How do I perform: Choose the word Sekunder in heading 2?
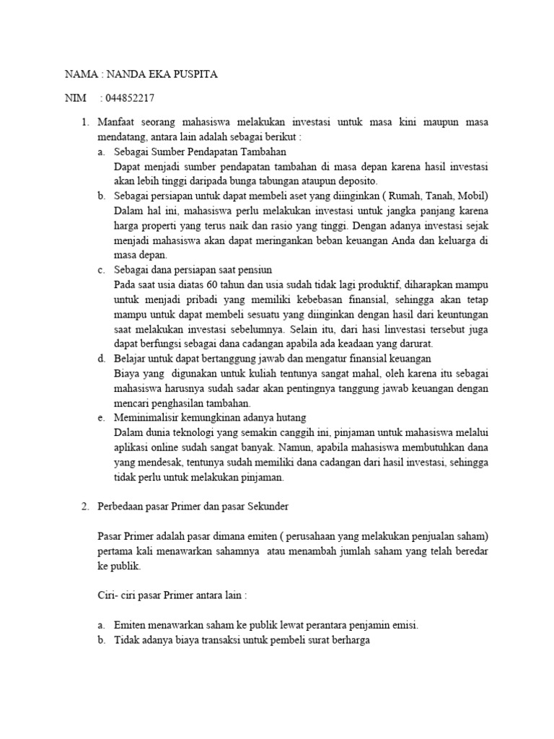point(267,506)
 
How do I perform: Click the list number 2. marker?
point(84,506)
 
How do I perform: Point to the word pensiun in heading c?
point(255,269)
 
